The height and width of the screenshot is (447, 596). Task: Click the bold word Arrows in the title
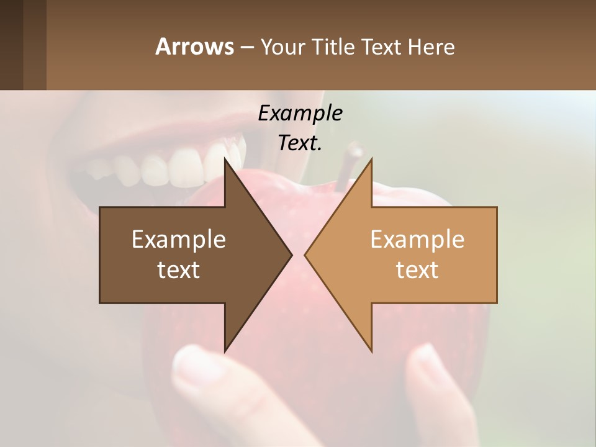194,47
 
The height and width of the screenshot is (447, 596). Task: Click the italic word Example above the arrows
300,113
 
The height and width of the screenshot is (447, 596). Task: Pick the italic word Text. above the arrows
300,143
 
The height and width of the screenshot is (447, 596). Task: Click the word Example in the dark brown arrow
179,239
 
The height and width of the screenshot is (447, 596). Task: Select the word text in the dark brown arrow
179,269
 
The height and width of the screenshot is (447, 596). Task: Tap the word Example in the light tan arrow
417,239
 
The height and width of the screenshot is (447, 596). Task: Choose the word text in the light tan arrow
417,269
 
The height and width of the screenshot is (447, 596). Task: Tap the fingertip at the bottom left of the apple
192,366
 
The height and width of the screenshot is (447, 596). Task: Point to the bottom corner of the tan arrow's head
371,351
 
